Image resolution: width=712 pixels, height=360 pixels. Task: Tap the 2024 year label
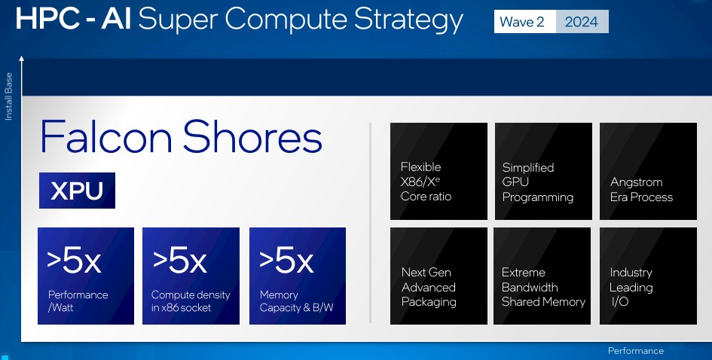point(582,21)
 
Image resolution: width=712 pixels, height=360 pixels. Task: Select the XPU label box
point(77,191)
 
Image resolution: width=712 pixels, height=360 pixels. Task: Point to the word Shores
point(252,136)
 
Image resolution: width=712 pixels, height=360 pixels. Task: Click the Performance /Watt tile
point(86,276)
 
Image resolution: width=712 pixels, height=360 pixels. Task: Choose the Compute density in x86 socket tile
point(191,276)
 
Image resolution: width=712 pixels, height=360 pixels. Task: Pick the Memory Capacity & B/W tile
point(298,276)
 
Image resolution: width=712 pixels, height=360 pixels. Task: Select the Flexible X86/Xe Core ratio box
point(439,171)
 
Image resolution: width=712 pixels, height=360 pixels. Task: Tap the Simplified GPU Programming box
point(543,171)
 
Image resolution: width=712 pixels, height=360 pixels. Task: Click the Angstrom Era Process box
point(649,171)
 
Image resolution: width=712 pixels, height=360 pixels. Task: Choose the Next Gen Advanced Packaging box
point(439,276)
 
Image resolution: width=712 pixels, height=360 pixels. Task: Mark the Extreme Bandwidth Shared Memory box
point(542,276)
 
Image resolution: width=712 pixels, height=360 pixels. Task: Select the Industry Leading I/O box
point(649,276)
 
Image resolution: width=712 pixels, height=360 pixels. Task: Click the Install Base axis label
point(8,96)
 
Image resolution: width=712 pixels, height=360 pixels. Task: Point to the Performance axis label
point(636,351)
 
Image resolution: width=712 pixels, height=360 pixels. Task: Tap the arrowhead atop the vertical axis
point(21,58)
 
